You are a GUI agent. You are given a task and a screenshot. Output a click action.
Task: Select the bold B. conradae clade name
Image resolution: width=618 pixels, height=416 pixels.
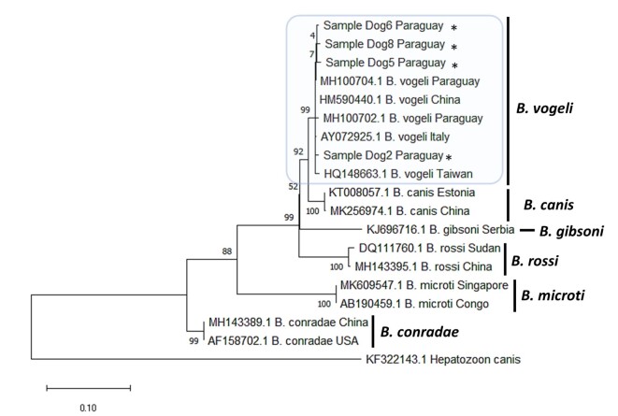420,331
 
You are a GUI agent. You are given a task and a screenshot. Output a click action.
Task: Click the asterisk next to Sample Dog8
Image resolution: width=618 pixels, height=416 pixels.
453,48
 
